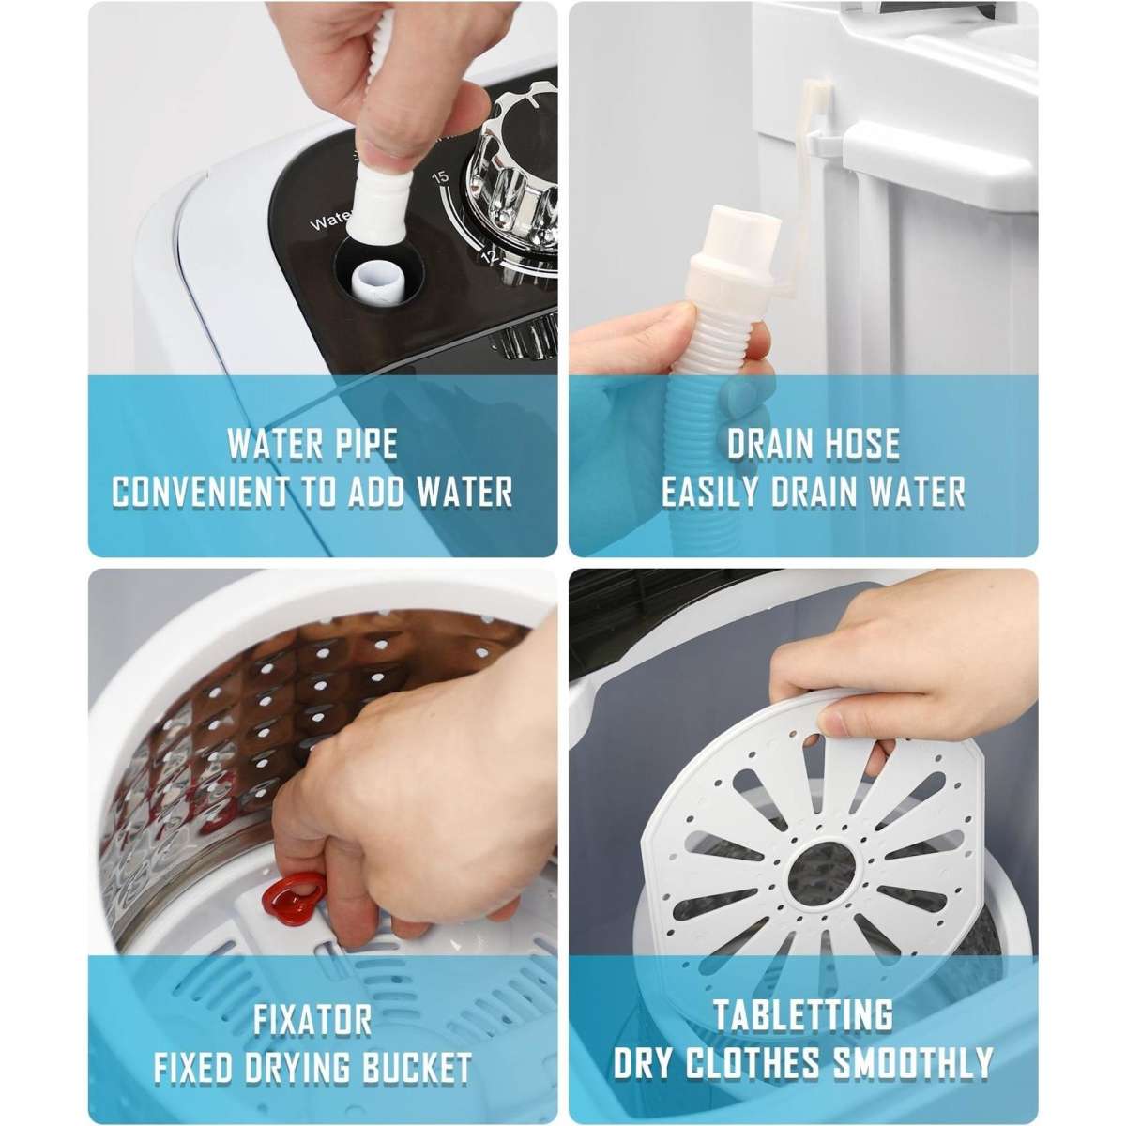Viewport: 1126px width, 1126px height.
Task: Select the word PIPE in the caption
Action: (x=362, y=443)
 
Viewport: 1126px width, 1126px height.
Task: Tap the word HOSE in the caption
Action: (x=853, y=443)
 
